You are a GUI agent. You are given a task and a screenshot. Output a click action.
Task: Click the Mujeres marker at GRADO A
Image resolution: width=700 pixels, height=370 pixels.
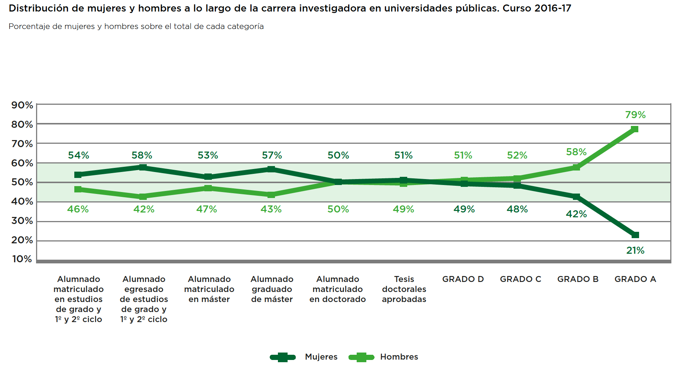point(635,235)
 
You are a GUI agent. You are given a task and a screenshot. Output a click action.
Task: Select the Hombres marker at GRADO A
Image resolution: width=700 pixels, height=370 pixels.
point(635,129)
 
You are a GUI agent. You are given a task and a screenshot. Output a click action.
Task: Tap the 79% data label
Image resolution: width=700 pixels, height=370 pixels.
point(635,115)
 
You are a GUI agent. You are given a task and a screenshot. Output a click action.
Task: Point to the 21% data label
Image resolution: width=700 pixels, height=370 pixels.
point(635,250)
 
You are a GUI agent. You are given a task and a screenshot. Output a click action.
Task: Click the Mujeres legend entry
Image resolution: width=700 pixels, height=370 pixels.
point(321,357)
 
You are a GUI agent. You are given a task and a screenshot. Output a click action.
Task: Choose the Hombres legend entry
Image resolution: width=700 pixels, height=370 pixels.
point(399,357)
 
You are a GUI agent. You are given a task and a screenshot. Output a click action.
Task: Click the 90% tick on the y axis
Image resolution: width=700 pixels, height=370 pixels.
point(22,105)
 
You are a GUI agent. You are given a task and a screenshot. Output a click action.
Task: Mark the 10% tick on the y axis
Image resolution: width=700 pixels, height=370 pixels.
point(22,259)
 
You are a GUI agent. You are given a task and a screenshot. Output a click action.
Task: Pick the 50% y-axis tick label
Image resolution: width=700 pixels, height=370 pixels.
point(22,182)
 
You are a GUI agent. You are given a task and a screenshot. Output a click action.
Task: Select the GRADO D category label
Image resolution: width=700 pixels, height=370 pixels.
point(463,279)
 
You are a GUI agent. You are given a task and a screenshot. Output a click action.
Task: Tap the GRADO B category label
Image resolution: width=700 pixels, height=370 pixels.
point(578,279)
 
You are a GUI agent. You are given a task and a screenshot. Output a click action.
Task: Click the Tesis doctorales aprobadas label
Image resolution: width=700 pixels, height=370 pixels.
point(404,289)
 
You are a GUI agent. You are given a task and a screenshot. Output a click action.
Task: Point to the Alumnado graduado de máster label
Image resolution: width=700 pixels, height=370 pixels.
point(272,289)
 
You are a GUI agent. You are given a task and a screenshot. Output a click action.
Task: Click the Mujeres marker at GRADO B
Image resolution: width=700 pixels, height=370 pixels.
point(576,197)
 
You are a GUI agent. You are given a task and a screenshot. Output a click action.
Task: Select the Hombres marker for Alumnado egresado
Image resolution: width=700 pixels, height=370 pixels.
point(143,197)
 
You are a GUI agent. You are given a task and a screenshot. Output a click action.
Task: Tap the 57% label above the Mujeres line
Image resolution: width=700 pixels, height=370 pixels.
point(272,155)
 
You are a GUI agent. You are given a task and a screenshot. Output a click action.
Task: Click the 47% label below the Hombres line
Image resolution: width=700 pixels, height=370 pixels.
point(207,209)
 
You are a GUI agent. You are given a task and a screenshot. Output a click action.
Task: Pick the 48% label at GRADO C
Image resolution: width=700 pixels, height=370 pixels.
point(517,209)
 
